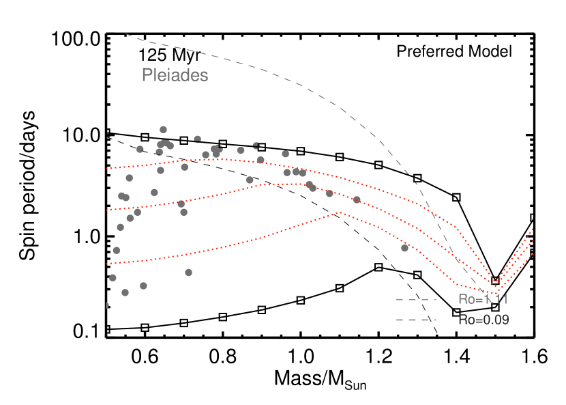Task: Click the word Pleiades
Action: tap(175, 75)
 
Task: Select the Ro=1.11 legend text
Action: tap(483, 299)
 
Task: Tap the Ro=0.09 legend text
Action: tap(483, 320)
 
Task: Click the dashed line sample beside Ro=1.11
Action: tap(416, 299)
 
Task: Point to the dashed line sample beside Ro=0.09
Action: tap(416, 320)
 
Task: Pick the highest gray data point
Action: tap(163, 129)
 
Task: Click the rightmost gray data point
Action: tap(404, 248)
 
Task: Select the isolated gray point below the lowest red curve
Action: tap(188, 273)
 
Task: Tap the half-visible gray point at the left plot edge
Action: tap(106, 305)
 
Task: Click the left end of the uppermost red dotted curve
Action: tap(107, 168)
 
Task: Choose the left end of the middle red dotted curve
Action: tap(107, 210)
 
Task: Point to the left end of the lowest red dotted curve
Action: tap(107, 263)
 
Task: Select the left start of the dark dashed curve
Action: tap(107, 138)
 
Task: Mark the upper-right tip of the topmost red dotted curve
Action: tap(531, 229)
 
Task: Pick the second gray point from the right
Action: tap(356, 199)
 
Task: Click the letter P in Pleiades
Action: tap(146, 75)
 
